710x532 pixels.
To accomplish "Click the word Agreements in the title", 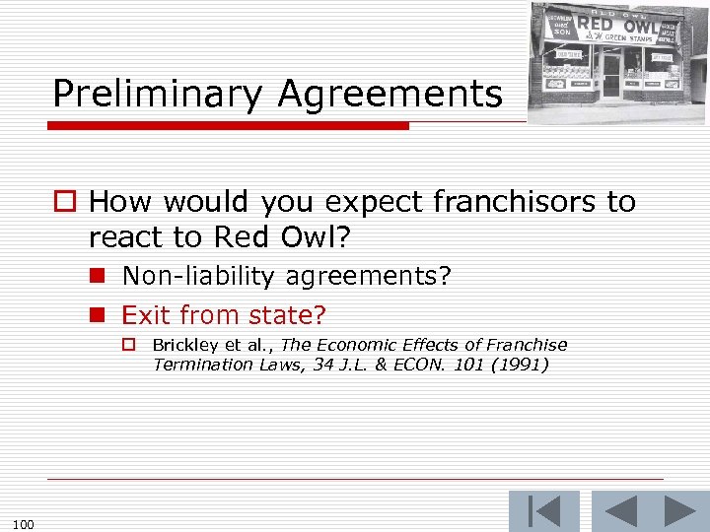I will tap(390, 95).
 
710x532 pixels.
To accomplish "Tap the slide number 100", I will tap(25, 523).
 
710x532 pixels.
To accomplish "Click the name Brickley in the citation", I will tap(185, 345).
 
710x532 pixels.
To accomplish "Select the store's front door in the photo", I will tap(611, 76).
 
